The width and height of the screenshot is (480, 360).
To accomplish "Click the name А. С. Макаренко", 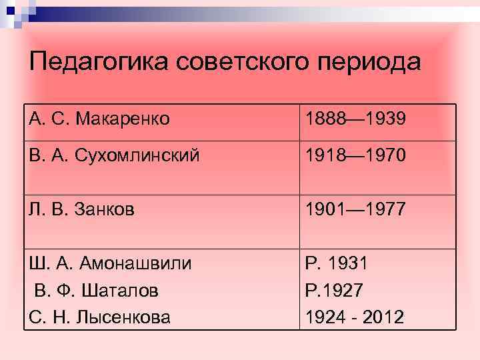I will click(x=99, y=119).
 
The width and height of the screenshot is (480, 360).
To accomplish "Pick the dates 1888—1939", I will click(x=355, y=119).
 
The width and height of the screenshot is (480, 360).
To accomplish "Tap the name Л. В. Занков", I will click(x=81, y=210).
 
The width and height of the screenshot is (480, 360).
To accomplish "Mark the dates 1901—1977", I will click(x=355, y=210).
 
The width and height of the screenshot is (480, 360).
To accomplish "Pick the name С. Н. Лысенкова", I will click(x=99, y=317).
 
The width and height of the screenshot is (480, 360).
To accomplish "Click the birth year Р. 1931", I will click(x=336, y=263).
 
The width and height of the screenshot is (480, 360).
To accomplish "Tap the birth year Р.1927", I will click(x=334, y=290).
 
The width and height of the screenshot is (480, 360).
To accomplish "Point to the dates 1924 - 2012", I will click(x=355, y=317).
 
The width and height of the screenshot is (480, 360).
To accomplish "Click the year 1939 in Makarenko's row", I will click(x=381, y=119).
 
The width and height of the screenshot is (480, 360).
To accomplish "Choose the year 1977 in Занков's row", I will click(x=381, y=210).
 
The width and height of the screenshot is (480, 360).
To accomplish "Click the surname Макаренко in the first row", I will click(x=123, y=119).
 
